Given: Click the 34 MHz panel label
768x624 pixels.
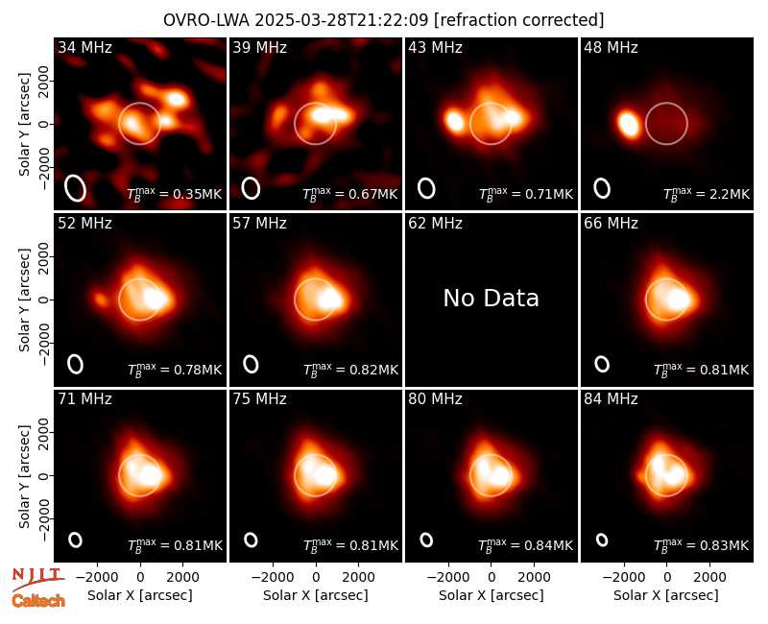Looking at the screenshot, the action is tap(84, 47).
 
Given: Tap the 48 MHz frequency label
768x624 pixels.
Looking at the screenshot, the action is tap(611, 47).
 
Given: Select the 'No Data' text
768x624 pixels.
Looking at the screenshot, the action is tap(491, 299).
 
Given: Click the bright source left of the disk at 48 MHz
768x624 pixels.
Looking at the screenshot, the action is tap(628, 124).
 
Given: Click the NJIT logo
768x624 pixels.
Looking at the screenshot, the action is tap(37, 579).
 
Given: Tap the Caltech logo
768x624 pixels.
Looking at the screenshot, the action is tap(38, 601).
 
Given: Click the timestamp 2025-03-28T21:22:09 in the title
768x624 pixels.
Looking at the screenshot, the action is tap(341, 20).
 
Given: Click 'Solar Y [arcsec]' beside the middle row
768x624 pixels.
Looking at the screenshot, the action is tap(24, 300).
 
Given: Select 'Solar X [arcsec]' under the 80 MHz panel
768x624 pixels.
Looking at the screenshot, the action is tap(492, 595).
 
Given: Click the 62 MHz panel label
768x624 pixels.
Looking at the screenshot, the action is tap(435, 224).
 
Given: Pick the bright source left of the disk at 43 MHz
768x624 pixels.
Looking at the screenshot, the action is tap(455, 122).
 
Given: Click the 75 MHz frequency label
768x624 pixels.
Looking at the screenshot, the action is tap(259, 399).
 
